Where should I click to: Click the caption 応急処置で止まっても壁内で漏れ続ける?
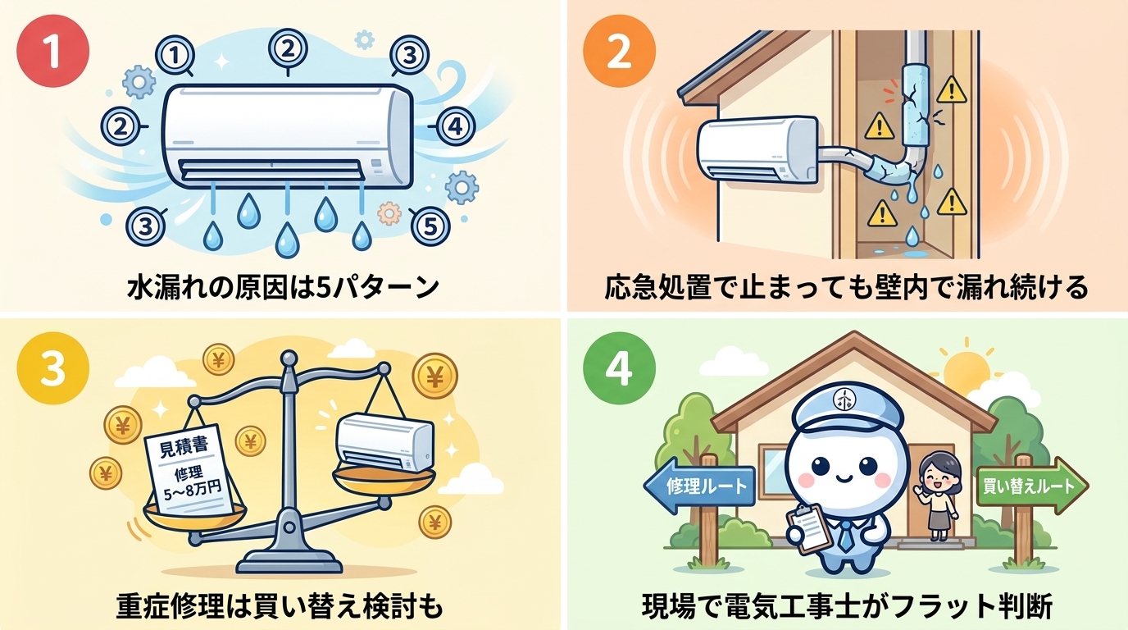tap(847, 288)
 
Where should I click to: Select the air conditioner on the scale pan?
tap(384, 444)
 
